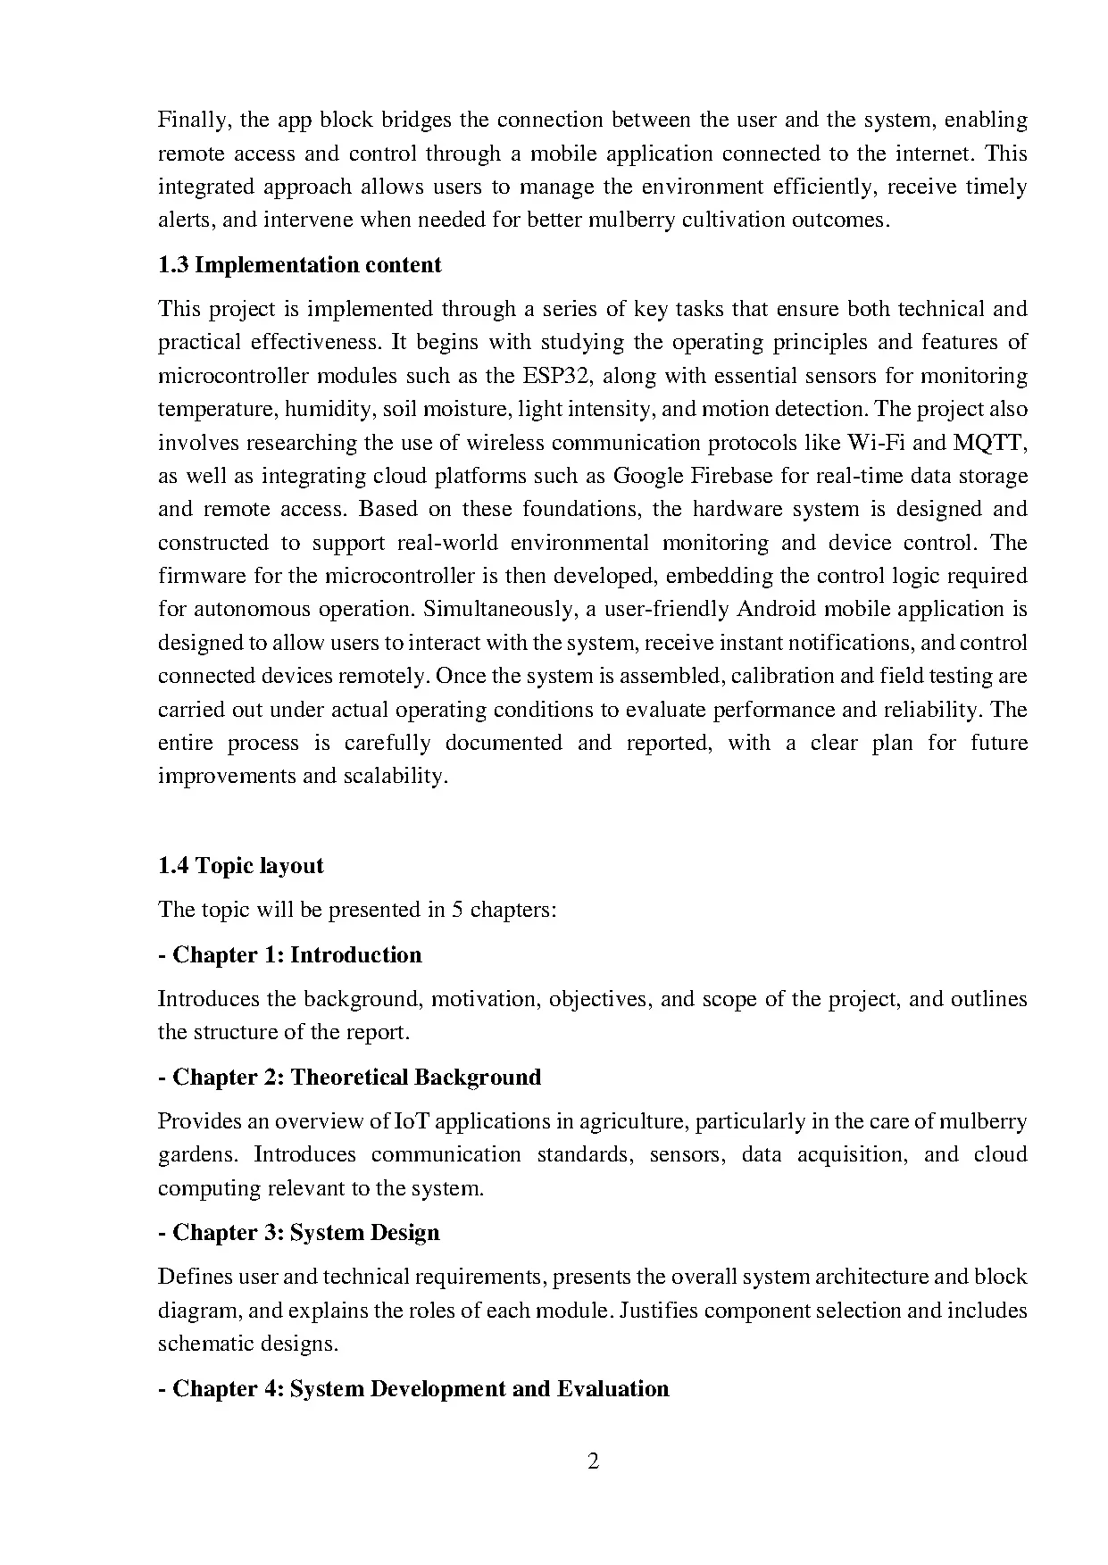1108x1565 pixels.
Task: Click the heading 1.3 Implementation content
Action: [299, 265]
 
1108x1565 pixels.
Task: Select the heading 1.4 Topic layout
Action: [240, 866]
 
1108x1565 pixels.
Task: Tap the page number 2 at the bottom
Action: [594, 1461]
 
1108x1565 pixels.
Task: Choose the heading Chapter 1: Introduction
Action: [289, 955]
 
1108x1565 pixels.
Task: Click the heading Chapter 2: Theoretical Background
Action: [349, 1078]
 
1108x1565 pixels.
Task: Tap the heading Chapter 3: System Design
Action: [298, 1233]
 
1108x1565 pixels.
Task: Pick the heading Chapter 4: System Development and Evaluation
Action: [413, 1389]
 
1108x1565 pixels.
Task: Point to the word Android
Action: [777, 610]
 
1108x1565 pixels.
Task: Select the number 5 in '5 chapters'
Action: [456, 911]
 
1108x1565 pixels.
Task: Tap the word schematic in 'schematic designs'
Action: [202, 1344]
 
